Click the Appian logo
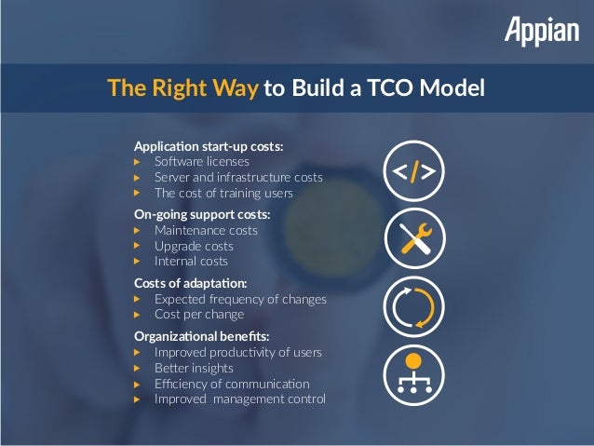click(x=542, y=32)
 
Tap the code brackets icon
click(x=414, y=171)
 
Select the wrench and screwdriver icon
click(x=414, y=238)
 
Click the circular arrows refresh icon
click(x=414, y=306)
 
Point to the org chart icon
click(x=414, y=374)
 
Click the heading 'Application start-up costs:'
click(x=209, y=147)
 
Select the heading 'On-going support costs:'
click(x=202, y=215)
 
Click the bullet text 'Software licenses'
click(x=202, y=162)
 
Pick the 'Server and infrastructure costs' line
click(x=238, y=177)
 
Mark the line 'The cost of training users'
click(x=223, y=193)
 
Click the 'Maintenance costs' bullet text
click(x=206, y=230)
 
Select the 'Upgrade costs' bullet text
click(x=194, y=246)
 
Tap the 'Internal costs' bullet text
click(x=191, y=262)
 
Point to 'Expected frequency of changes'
click(x=240, y=299)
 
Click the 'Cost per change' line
click(x=199, y=315)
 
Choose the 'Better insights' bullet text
click(x=194, y=368)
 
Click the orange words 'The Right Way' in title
click(x=182, y=88)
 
